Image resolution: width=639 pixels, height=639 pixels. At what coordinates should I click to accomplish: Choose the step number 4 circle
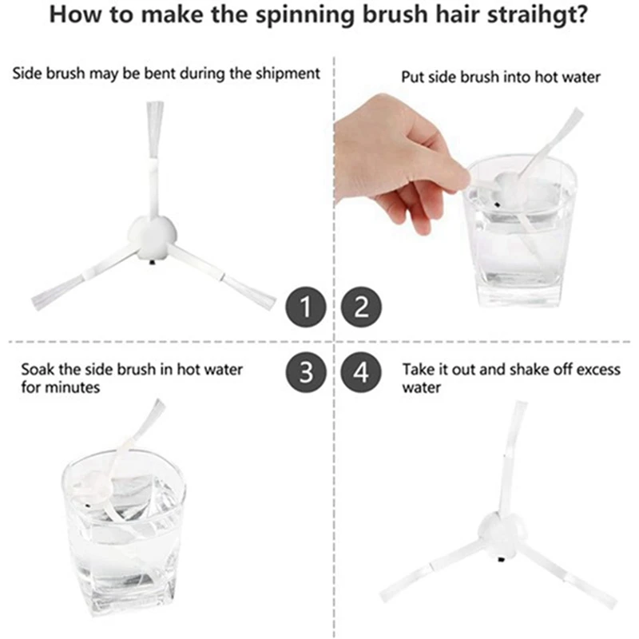click(362, 372)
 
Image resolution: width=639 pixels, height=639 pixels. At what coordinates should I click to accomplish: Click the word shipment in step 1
click(286, 73)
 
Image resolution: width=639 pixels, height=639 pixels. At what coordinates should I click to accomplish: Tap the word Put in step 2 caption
click(412, 77)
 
